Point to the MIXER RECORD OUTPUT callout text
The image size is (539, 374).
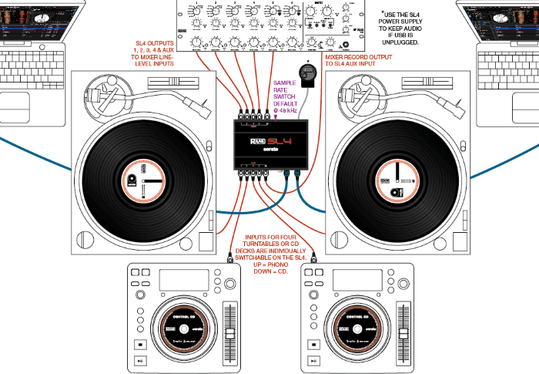click(x=362, y=61)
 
